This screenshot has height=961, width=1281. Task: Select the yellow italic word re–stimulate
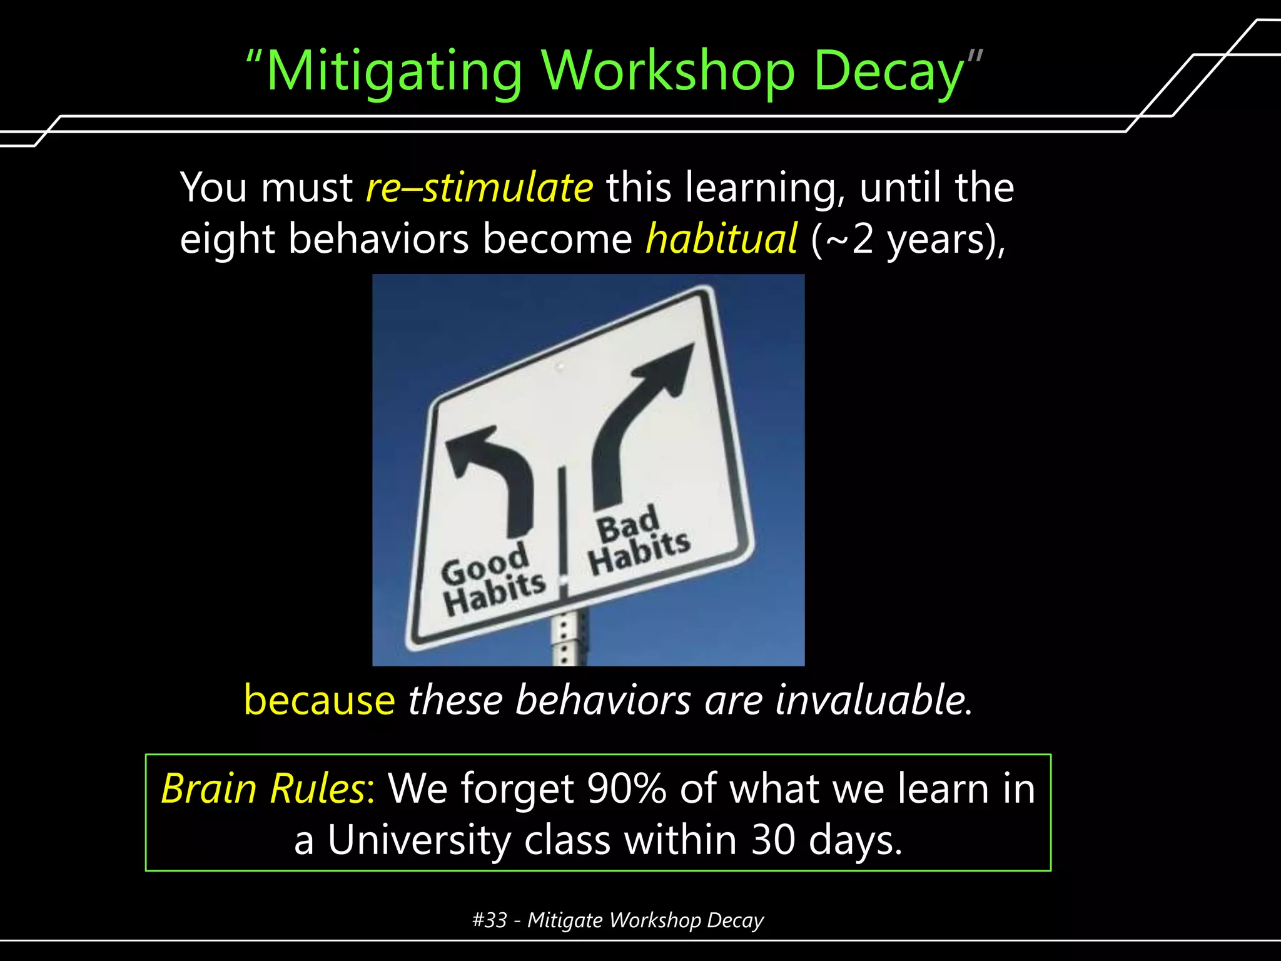click(x=479, y=187)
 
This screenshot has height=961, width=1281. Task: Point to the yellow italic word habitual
click(x=721, y=240)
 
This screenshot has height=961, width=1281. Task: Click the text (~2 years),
click(x=908, y=240)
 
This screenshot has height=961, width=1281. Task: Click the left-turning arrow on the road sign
click(x=494, y=475)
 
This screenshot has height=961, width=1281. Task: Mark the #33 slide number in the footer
click(x=489, y=920)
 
